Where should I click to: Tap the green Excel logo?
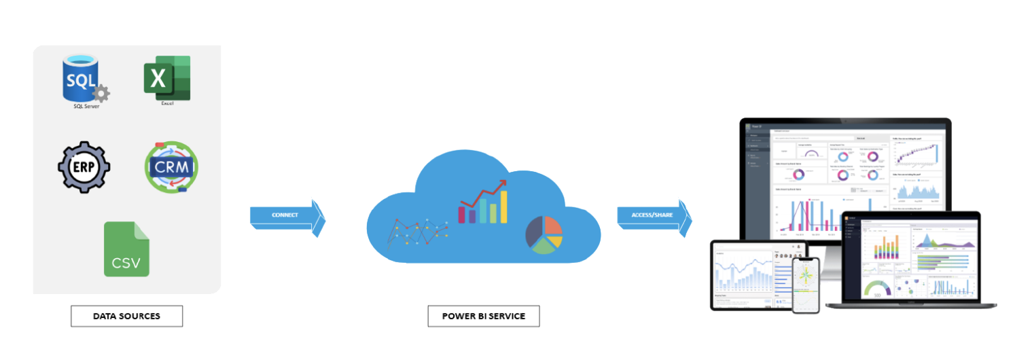(x=166, y=77)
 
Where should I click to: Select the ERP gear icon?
(x=84, y=168)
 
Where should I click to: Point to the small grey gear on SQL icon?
(x=101, y=93)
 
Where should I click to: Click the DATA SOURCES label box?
(x=126, y=316)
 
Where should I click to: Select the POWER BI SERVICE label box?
(x=483, y=316)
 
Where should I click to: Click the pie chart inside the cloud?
(x=544, y=235)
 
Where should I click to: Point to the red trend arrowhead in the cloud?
(x=501, y=184)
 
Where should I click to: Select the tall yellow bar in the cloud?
(x=503, y=206)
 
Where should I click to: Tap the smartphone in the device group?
(x=806, y=285)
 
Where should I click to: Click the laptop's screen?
(x=910, y=258)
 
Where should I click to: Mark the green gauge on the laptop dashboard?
(x=876, y=288)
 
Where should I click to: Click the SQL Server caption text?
(x=86, y=107)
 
